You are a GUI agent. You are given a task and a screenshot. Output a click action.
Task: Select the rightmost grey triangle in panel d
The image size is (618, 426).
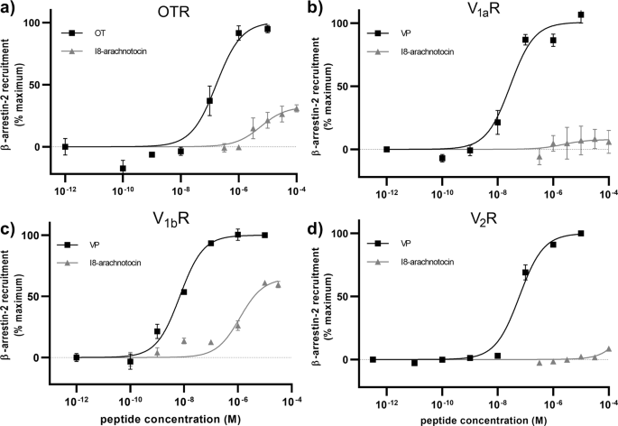pos(609,349)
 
